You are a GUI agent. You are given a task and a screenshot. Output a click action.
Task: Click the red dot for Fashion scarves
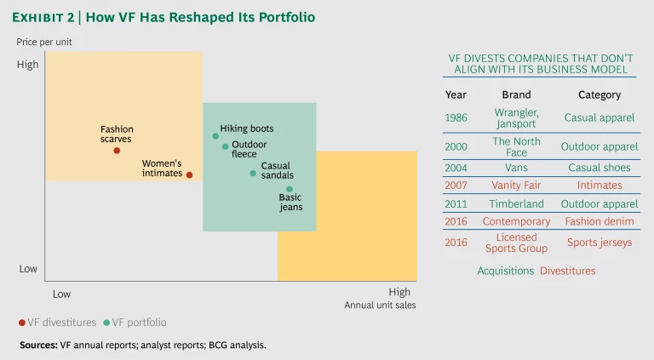(x=117, y=151)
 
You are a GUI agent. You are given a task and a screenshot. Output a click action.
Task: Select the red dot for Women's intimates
(x=189, y=175)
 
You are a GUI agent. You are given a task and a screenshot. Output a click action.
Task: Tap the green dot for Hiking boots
(x=215, y=136)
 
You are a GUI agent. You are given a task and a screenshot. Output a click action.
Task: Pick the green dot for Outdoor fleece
(x=226, y=146)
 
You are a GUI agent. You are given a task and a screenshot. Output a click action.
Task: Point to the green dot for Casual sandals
(x=253, y=173)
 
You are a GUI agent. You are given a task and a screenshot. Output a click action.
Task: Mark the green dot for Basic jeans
(x=290, y=189)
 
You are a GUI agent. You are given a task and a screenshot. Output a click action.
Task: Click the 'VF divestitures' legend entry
(x=52, y=323)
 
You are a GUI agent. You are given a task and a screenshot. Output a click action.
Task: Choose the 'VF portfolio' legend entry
(x=134, y=323)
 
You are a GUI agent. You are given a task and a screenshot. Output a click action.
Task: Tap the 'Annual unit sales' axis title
(x=380, y=305)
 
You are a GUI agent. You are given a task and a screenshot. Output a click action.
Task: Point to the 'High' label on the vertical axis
(x=28, y=65)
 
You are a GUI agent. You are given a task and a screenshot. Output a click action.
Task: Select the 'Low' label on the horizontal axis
(x=61, y=293)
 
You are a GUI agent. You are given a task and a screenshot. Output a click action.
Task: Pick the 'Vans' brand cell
(x=516, y=168)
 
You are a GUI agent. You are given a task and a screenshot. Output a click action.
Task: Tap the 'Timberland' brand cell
(x=516, y=204)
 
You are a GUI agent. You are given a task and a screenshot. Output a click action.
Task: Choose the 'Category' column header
(x=599, y=95)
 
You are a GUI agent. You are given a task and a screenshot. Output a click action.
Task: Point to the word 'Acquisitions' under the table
(x=505, y=271)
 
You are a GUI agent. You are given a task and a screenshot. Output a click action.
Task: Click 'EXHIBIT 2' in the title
(x=52, y=17)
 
